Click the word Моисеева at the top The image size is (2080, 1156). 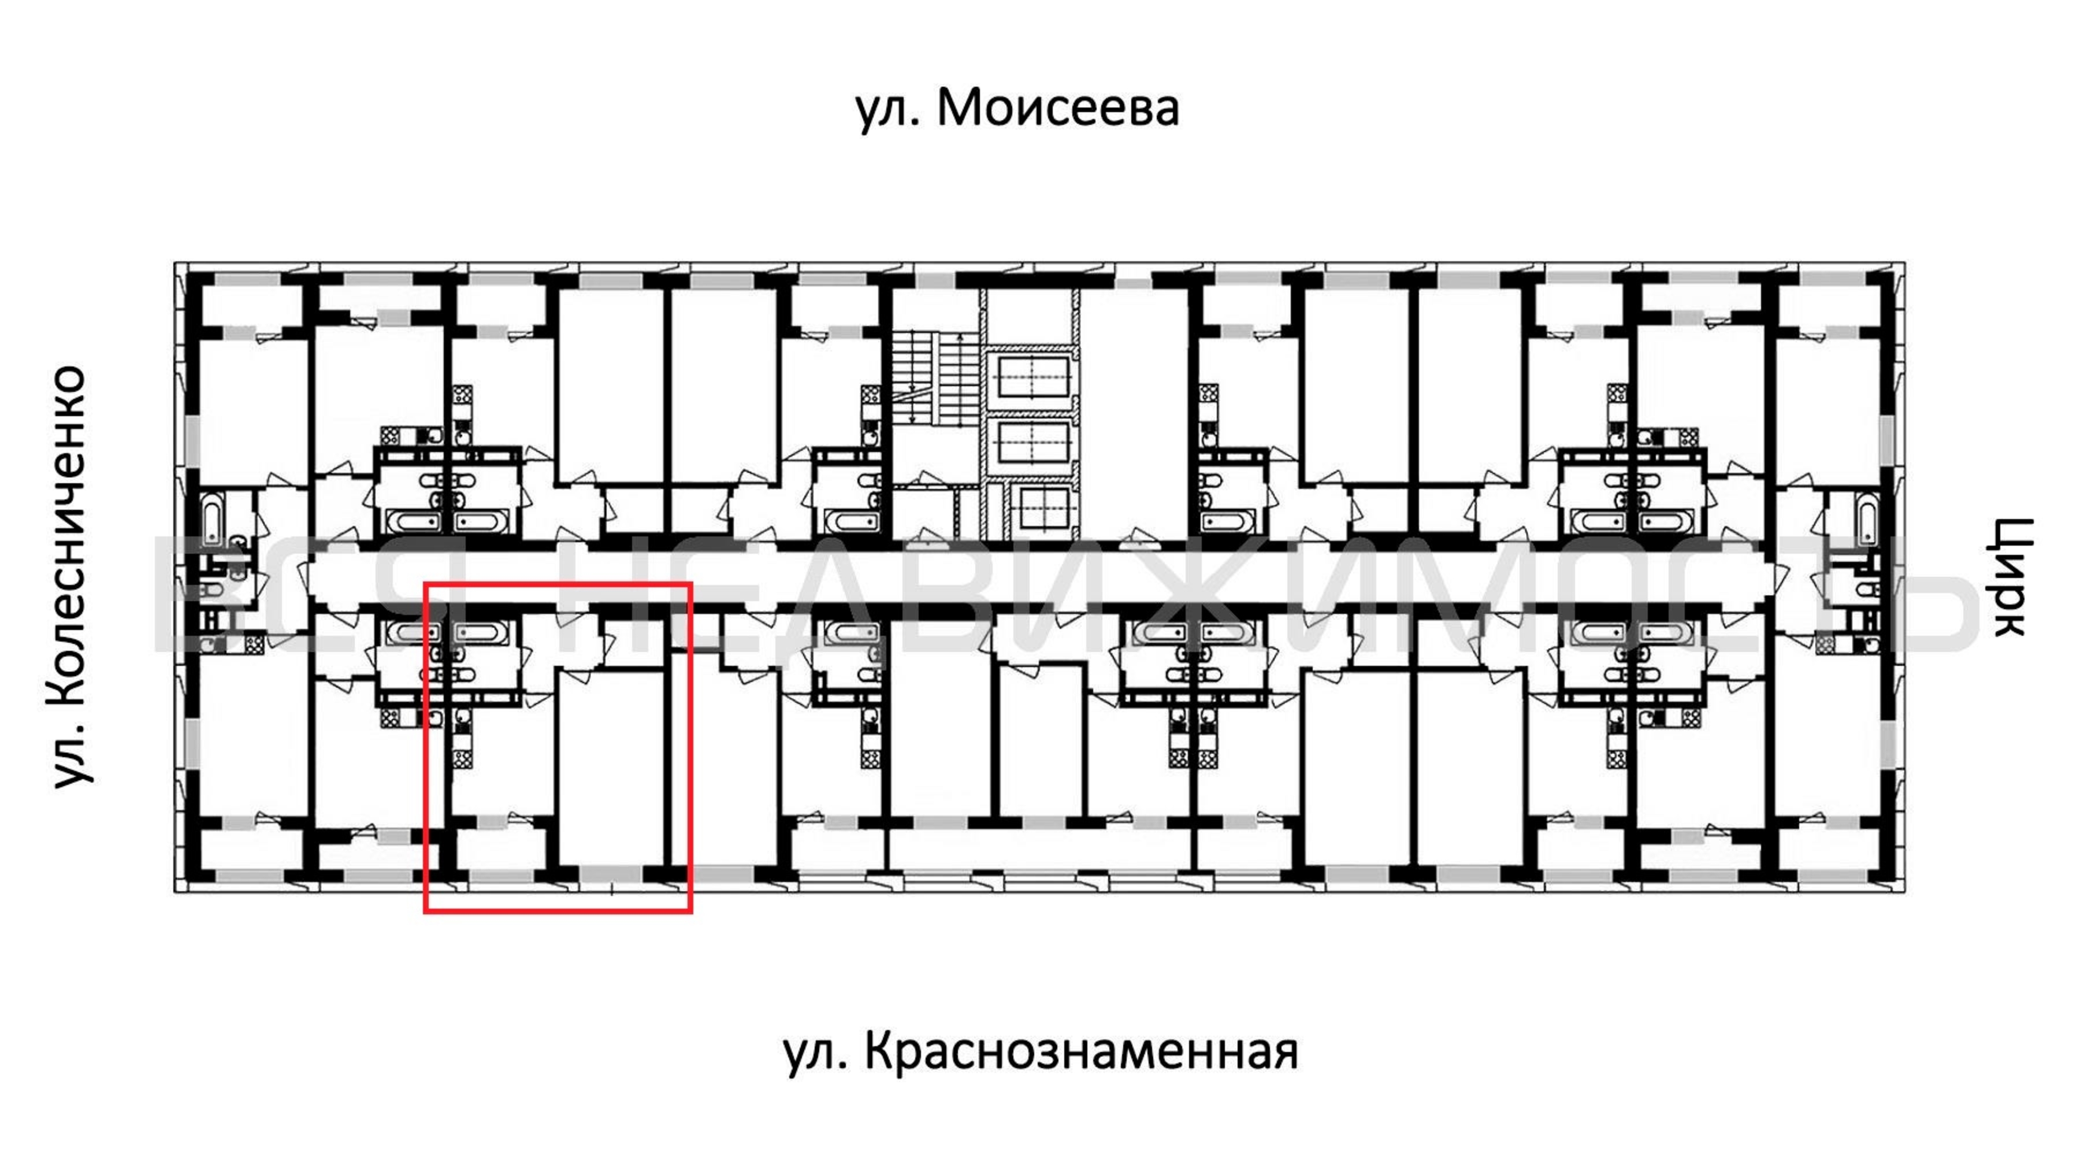(1058, 108)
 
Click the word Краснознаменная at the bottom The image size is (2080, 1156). (1082, 1053)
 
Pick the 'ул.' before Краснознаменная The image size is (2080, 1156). (815, 1055)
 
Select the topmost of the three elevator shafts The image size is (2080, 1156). (1034, 378)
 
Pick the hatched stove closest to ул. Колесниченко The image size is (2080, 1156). (254, 644)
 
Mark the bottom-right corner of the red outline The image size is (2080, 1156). (691, 912)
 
